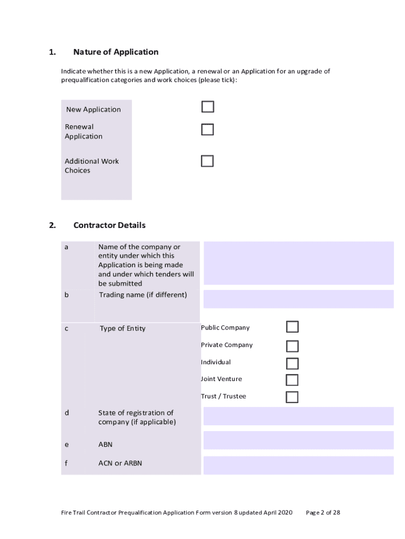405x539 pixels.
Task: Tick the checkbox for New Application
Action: (208, 107)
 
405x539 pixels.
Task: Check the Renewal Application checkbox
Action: (208, 129)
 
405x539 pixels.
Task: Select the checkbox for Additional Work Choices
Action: (207, 161)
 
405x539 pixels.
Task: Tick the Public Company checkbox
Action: (292, 327)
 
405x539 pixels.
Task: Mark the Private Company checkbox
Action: (292, 346)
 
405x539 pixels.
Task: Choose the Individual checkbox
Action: (292, 363)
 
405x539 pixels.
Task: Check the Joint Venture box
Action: (292, 380)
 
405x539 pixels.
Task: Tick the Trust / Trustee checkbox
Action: (292, 397)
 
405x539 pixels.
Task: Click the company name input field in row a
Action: (298, 263)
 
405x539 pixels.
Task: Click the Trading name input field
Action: (298, 299)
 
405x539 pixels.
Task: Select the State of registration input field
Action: (298, 416)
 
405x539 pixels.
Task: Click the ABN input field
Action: (298, 441)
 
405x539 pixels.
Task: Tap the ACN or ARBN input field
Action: (298, 465)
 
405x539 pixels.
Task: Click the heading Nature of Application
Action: (116, 52)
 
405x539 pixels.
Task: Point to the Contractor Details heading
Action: (109, 225)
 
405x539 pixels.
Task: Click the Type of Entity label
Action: (123, 328)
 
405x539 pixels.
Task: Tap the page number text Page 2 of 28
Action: (323, 512)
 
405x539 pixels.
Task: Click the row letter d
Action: (66, 413)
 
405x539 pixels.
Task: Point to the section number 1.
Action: (52, 52)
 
